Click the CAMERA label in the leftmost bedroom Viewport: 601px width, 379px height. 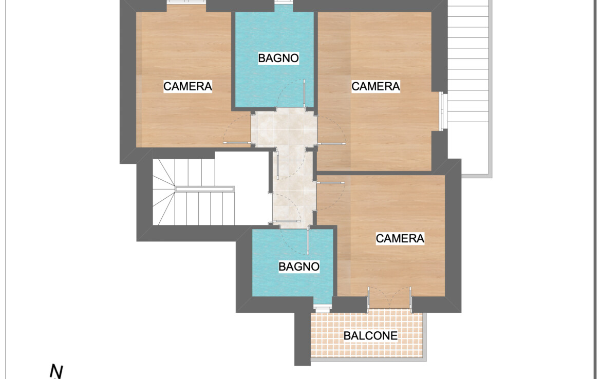pos(187,86)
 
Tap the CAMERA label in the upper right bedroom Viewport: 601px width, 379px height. pos(375,86)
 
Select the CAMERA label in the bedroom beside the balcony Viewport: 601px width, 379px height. pos(400,238)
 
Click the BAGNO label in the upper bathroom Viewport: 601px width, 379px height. pos(278,58)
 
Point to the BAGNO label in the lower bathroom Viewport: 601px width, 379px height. pos(299,267)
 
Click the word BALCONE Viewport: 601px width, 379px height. pos(370,336)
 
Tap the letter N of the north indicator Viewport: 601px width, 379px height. pos(56,371)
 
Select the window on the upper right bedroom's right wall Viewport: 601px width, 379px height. pos(443,111)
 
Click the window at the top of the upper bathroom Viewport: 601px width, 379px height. pos(284,2)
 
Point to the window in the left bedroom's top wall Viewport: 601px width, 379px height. pos(186,2)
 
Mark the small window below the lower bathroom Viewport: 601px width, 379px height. pos(322,307)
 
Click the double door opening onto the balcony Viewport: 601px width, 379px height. pos(389,297)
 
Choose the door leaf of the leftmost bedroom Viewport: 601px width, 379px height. pos(238,143)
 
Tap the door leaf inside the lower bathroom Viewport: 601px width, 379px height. pos(308,241)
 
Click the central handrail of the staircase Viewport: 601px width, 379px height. pos(204,189)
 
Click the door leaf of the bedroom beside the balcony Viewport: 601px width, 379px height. pos(330,183)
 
